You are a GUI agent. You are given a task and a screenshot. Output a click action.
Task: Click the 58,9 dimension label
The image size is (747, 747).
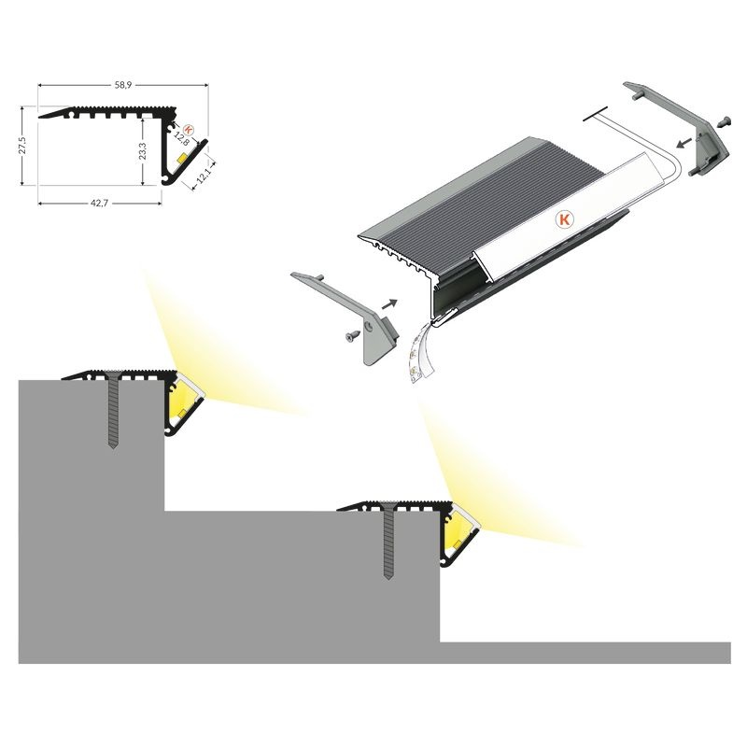point(123,85)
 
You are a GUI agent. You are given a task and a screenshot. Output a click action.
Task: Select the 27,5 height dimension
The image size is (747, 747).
point(21,146)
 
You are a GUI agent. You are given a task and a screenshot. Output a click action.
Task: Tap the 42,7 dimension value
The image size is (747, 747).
point(100,203)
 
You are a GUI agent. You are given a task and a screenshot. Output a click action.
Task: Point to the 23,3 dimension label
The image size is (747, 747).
point(143,151)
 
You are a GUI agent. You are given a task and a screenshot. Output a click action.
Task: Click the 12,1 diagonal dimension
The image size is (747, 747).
point(203,176)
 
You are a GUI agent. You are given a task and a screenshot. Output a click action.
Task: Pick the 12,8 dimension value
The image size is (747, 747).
point(181,138)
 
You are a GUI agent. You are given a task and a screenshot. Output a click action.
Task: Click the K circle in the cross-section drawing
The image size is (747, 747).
point(189,129)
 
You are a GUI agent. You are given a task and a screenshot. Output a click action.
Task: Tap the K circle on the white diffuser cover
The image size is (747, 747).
point(565,219)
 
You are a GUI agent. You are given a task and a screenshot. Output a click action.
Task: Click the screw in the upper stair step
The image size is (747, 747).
point(113,410)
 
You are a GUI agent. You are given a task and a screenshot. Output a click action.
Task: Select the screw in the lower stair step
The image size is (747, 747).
point(388,541)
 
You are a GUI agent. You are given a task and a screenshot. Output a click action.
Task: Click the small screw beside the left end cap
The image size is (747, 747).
point(353,336)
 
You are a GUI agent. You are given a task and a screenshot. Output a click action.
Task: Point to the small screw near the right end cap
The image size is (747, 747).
point(724,121)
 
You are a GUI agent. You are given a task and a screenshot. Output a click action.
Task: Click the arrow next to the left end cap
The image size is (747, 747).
point(389,304)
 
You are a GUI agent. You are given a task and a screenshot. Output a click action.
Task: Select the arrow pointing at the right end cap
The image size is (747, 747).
point(684,143)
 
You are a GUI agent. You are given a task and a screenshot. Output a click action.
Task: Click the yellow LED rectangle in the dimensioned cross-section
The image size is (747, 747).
point(182,158)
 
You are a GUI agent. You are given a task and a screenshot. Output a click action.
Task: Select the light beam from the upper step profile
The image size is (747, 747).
point(224,353)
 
